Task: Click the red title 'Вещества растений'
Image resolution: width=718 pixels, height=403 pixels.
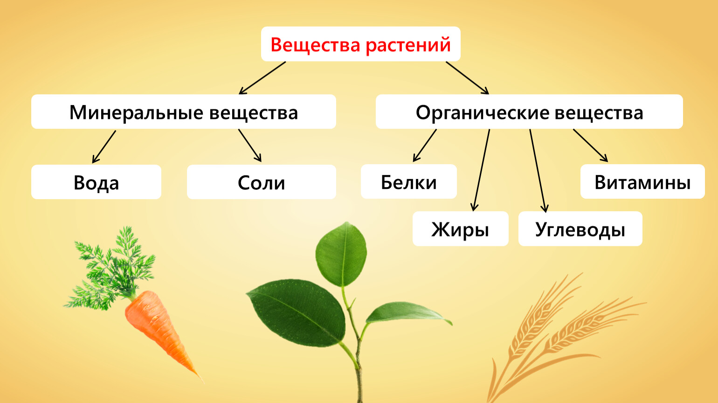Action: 360,44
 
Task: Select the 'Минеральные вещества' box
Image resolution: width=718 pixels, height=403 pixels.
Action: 184,111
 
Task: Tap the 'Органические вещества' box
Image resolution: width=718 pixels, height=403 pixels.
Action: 529,111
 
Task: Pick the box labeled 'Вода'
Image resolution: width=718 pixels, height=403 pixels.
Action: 96,182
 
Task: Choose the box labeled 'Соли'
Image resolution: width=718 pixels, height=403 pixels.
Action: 262,182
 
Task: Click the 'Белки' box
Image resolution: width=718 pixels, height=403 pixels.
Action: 409,181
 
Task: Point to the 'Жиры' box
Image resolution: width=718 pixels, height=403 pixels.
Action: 461,229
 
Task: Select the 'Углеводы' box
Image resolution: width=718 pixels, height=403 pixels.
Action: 580,229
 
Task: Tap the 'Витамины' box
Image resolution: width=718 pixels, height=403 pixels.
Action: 642,181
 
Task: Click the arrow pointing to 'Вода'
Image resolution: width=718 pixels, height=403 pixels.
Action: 104,146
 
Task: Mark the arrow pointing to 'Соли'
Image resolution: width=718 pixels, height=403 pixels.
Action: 250,145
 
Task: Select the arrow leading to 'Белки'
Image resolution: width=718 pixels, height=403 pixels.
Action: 424,145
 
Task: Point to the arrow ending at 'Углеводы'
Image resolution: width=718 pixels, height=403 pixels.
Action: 538,171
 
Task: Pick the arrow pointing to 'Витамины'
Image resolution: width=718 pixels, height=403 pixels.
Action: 590,145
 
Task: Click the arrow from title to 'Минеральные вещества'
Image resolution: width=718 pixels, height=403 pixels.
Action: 262,78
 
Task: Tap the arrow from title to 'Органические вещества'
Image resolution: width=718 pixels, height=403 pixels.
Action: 467,78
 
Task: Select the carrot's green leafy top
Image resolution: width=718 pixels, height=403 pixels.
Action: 110,269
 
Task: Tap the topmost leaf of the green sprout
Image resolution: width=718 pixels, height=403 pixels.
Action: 341,253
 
